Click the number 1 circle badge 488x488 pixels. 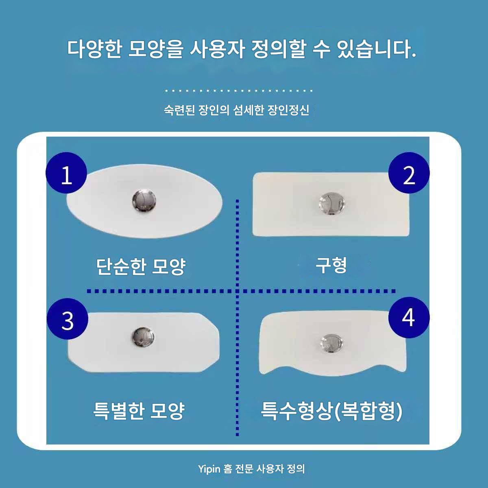66,173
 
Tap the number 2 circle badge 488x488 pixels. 409,173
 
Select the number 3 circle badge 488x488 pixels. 68,318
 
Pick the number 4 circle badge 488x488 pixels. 409,317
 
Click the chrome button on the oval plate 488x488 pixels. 144,201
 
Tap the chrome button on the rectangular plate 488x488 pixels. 332,204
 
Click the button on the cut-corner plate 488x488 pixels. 143,337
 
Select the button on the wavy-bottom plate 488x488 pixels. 332,343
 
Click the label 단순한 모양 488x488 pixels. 141,266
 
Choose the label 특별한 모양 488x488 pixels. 139,411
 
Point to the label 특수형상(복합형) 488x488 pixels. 331,411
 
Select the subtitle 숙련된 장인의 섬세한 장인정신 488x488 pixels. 237,110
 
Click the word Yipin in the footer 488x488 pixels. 209,469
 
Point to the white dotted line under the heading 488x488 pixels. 238,90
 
